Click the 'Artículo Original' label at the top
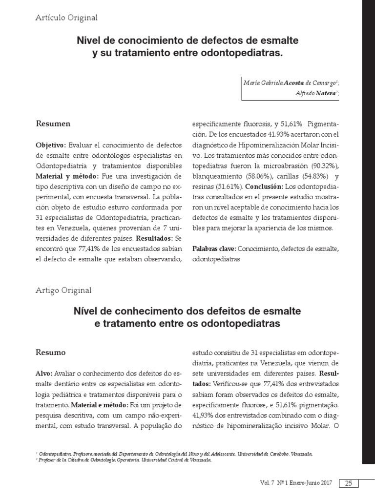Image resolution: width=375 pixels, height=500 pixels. click(67, 18)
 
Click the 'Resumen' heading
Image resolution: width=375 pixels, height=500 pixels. click(53, 124)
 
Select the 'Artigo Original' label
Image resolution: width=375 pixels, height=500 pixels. click(63, 291)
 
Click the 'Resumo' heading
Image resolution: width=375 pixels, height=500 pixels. click(52, 352)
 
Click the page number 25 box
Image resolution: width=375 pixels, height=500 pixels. click(349, 483)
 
